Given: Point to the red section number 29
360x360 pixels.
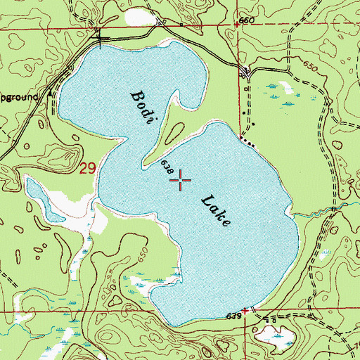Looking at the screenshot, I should pyautogui.click(x=87, y=169).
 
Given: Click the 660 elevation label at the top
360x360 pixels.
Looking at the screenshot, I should pyautogui.click(x=245, y=21).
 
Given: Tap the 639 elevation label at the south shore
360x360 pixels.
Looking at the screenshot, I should pyautogui.click(x=234, y=317).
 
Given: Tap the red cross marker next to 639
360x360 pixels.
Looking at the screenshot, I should pyautogui.click(x=246, y=310).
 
